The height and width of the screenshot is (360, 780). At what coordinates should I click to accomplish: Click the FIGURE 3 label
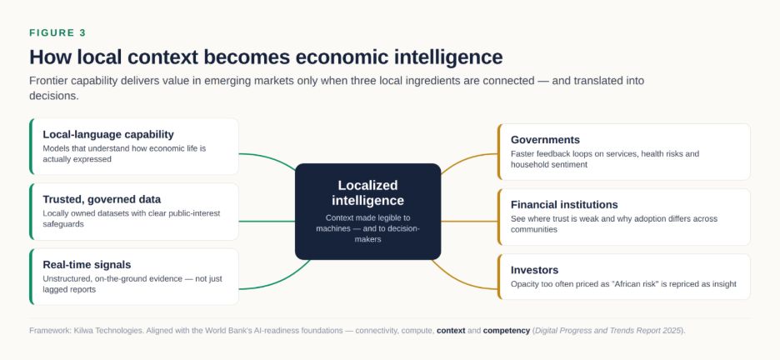point(57,32)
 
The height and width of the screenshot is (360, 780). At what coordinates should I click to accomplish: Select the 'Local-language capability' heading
point(108,135)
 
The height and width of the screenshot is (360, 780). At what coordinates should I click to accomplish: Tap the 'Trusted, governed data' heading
point(102,199)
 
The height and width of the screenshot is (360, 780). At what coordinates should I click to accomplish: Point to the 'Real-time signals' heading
point(87,264)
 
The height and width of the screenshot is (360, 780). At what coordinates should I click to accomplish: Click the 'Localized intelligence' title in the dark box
point(368,193)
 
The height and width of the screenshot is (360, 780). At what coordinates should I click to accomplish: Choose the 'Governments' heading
point(545,140)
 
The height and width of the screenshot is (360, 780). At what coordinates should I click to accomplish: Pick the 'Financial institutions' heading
point(564,205)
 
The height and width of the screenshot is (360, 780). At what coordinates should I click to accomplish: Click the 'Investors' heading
point(535,270)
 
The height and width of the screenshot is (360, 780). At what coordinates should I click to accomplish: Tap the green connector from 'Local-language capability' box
point(268,158)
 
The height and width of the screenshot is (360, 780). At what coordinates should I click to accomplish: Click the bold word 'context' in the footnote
point(451,331)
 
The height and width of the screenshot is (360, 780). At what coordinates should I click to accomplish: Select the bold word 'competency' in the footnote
point(507,331)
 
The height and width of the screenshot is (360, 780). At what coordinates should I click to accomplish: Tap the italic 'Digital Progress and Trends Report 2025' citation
point(607,331)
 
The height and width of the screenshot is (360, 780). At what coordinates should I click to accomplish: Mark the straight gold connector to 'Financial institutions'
point(469,222)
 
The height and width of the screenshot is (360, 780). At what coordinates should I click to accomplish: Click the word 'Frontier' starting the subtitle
point(47,81)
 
